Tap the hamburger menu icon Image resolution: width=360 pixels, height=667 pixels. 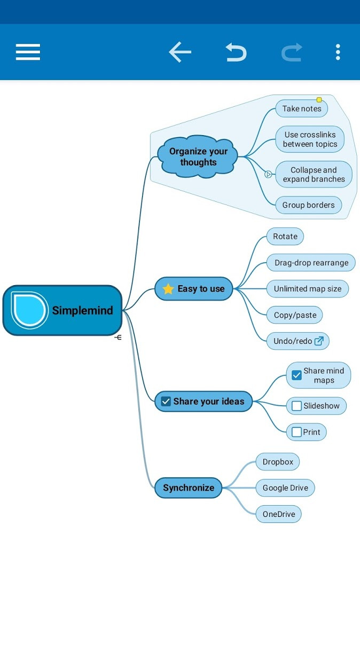pyautogui.click(x=28, y=52)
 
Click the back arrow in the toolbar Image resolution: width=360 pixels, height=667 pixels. pyautogui.click(x=180, y=52)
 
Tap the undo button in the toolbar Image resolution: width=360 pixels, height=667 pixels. pyautogui.click(x=236, y=52)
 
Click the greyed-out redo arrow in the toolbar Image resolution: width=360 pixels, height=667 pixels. pyautogui.click(x=292, y=52)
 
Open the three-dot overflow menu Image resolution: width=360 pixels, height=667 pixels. pyautogui.click(x=338, y=52)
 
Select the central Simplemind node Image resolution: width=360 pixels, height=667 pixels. pyautogui.click(x=62, y=310)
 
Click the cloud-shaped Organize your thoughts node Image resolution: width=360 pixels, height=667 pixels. pyautogui.click(x=198, y=156)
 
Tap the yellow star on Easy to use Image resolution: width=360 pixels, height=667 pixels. pyautogui.click(x=168, y=289)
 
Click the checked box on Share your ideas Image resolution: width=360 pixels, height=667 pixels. pyautogui.click(x=166, y=401)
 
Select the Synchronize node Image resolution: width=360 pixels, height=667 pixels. pyautogui.click(x=188, y=488)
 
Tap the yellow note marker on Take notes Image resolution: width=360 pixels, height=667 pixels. pyautogui.click(x=319, y=100)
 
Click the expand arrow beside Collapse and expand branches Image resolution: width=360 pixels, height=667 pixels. pyautogui.click(x=268, y=174)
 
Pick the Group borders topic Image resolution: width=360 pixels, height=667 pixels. pyautogui.click(x=309, y=205)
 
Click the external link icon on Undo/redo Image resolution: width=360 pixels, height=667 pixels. pyautogui.click(x=319, y=341)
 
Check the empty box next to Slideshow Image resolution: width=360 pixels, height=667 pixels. pyautogui.click(x=296, y=405)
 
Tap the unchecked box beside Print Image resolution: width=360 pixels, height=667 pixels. pyautogui.click(x=296, y=432)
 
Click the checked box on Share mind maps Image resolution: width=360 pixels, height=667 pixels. pyautogui.click(x=296, y=375)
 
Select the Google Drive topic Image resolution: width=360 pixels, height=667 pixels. pyautogui.click(x=285, y=488)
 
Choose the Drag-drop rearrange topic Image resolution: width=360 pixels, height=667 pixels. pyautogui.click(x=311, y=263)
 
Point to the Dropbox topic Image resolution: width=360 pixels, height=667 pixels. pyautogui.click(x=278, y=462)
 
